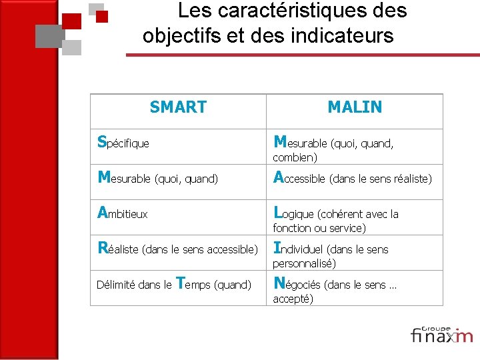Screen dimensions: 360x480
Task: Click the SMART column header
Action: pos(178,107)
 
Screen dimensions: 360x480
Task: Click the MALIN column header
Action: pos(355,107)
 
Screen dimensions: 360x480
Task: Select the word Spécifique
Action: pos(123,142)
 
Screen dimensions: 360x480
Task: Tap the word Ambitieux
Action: pos(123,213)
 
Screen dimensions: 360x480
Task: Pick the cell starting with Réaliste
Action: pos(177,249)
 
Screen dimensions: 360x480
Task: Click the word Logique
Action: pos(294,213)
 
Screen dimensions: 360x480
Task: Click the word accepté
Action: pos(293,299)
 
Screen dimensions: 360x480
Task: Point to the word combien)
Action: pos(295,157)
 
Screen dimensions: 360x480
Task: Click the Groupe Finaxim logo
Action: pos(441,335)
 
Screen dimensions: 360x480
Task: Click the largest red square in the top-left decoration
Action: pos(72,21)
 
